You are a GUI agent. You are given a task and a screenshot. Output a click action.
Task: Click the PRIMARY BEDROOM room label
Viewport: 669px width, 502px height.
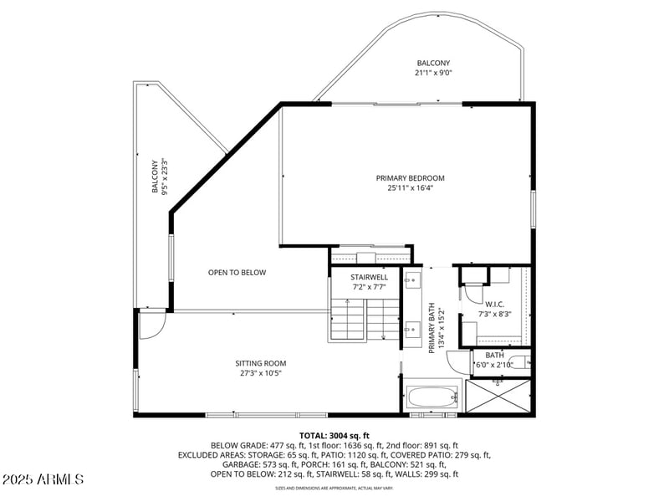[x=410, y=178]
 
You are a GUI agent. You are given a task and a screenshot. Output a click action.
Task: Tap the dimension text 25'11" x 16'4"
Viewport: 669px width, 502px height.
[x=410, y=188]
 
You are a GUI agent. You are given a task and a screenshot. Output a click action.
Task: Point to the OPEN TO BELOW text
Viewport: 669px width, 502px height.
[x=237, y=272]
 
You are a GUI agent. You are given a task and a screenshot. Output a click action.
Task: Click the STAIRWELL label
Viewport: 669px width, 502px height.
[x=369, y=277]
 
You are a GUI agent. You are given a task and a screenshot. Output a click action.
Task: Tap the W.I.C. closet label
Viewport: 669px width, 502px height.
[x=493, y=305]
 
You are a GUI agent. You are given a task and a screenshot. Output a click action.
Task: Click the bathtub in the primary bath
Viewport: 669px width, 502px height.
[x=432, y=397]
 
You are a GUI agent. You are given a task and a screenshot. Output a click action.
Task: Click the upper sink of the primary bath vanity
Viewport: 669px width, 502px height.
[x=412, y=280]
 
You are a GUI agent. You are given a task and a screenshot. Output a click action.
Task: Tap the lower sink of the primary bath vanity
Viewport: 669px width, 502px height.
[x=412, y=331]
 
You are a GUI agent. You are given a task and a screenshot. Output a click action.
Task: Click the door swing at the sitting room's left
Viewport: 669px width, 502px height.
[x=151, y=326]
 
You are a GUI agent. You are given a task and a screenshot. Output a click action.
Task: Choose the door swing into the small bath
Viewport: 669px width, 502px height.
[x=459, y=362]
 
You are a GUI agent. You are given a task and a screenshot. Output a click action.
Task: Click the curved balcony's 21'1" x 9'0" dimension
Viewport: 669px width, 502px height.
[x=433, y=74]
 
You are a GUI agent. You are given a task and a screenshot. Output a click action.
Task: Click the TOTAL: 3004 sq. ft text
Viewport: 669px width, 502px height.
[x=334, y=436]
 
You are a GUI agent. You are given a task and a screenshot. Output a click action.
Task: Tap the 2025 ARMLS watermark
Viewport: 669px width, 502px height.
[x=43, y=479]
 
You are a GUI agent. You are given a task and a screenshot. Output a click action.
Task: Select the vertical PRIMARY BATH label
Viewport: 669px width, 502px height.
[x=432, y=327]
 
